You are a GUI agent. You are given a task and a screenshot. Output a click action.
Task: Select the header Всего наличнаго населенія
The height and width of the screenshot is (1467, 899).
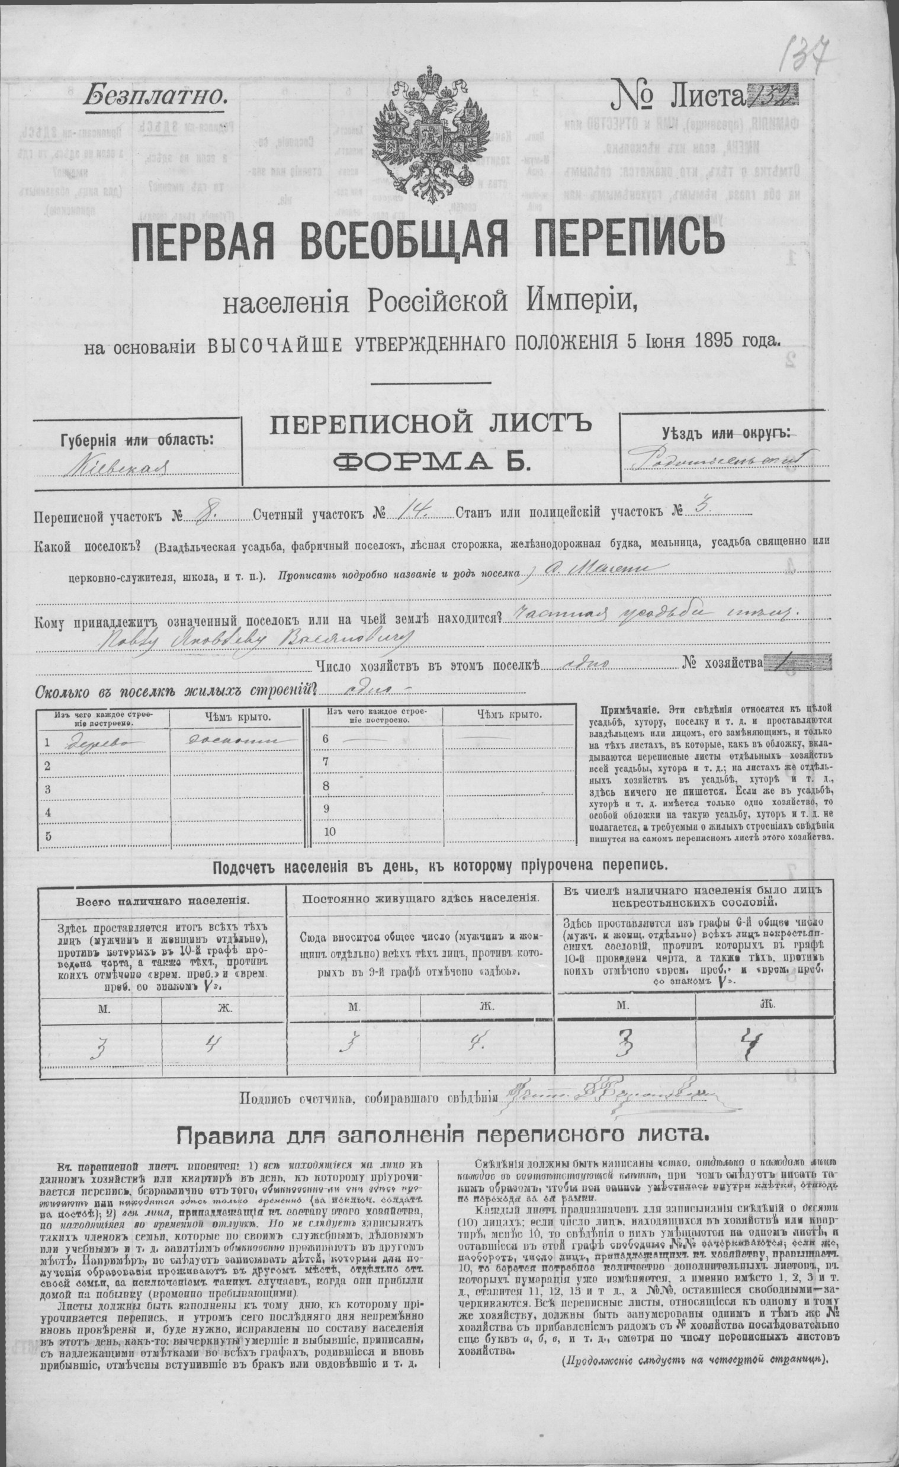pyautogui.click(x=163, y=901)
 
